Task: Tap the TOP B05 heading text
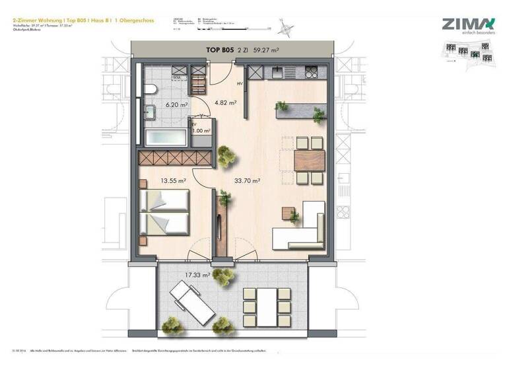219,49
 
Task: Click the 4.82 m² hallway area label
227,103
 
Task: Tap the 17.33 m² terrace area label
198,274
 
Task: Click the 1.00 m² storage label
201,131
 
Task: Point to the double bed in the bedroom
165,211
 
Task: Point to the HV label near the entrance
240,84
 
